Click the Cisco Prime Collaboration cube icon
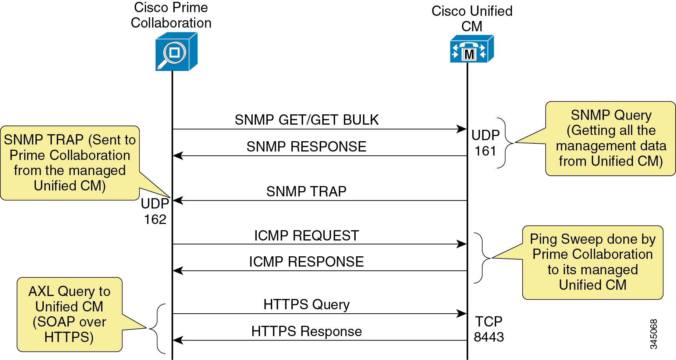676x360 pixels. coord(176,52)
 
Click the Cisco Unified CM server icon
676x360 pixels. coord(472,49)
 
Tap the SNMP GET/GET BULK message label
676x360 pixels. coord(306,120)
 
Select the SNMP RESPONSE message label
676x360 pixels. coord(306,147)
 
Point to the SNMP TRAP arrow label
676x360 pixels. coord(306,192)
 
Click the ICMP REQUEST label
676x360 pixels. coord(306,236)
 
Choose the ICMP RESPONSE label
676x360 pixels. coord(306,262)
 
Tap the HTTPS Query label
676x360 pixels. coord(306,304)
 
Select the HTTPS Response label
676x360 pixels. coord(306,331)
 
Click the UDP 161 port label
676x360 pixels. coord(485,143)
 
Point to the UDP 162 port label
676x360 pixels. coord(155,211)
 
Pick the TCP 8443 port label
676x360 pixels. coord(488,329)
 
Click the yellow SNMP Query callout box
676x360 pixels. coord(611,138)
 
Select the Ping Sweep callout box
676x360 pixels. coord(592,262)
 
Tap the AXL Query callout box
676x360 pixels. coord(70,314)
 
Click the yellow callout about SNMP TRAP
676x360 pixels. coord(70,163)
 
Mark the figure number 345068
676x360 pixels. coord(653,334)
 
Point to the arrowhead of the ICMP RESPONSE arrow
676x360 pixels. coord(178,271)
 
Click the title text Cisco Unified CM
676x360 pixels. coord(472,18)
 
